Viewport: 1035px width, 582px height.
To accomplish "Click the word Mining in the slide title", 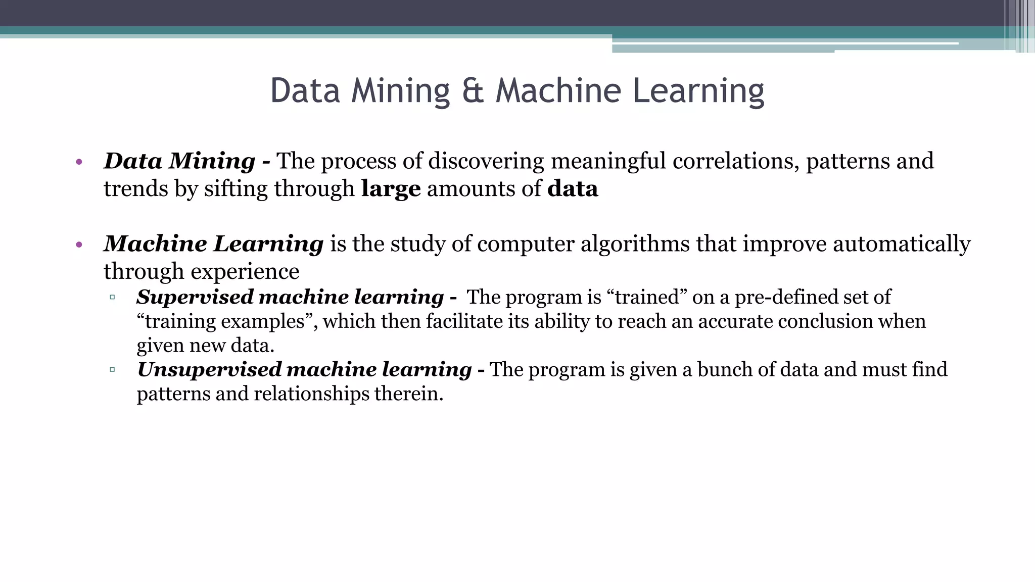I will point(400,92).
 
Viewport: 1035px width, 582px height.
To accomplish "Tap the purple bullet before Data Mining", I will point(78,162).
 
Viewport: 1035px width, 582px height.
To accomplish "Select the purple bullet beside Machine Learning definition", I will point(78,245).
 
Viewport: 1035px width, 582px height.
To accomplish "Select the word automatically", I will point(902,245).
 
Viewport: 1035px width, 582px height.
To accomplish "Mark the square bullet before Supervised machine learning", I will point(112,297).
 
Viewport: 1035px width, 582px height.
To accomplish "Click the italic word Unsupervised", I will point(209,370).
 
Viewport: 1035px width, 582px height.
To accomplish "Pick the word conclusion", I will point(826,321).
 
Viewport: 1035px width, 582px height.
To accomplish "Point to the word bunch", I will point(725,370).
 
